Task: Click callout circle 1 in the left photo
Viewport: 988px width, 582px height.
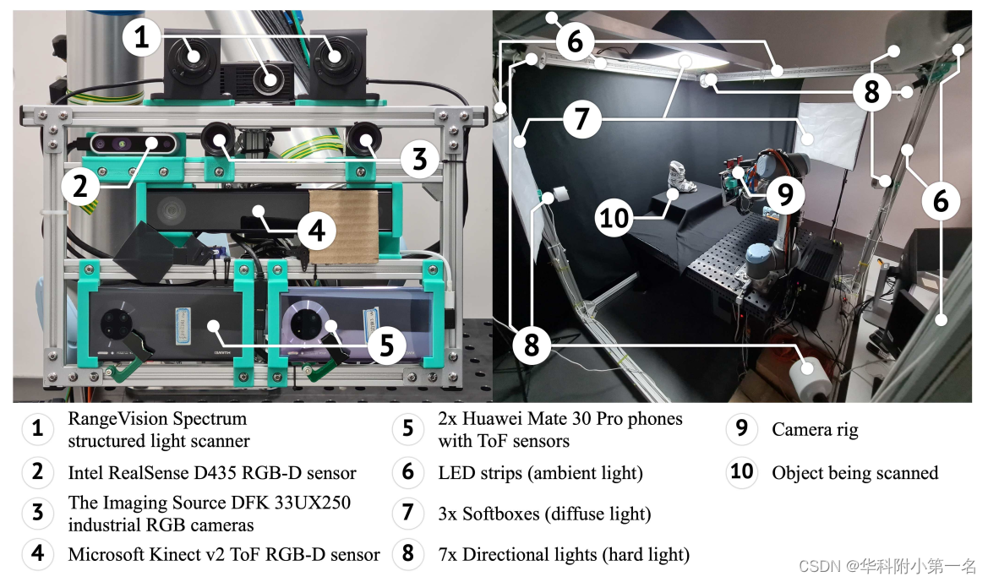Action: point(141,38)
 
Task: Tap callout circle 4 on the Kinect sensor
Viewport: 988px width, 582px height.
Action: point(316,230)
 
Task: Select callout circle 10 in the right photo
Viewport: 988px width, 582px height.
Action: point(614,218)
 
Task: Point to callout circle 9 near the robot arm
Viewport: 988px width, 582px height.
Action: point(785,196)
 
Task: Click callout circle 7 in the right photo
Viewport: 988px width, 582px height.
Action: point(580,119)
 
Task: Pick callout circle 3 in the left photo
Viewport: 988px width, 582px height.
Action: point(419,158)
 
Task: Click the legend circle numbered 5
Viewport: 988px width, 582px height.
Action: point(407,429)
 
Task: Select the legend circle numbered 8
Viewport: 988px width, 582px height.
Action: point(407,554)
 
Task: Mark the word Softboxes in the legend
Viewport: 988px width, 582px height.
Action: point(499,514)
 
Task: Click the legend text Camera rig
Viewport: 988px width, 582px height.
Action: point(815,429)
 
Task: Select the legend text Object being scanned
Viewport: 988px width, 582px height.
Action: point(854,472)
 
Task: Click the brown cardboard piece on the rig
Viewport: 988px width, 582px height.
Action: point(342,226)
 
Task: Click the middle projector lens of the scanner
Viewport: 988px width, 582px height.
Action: point(270,80)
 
